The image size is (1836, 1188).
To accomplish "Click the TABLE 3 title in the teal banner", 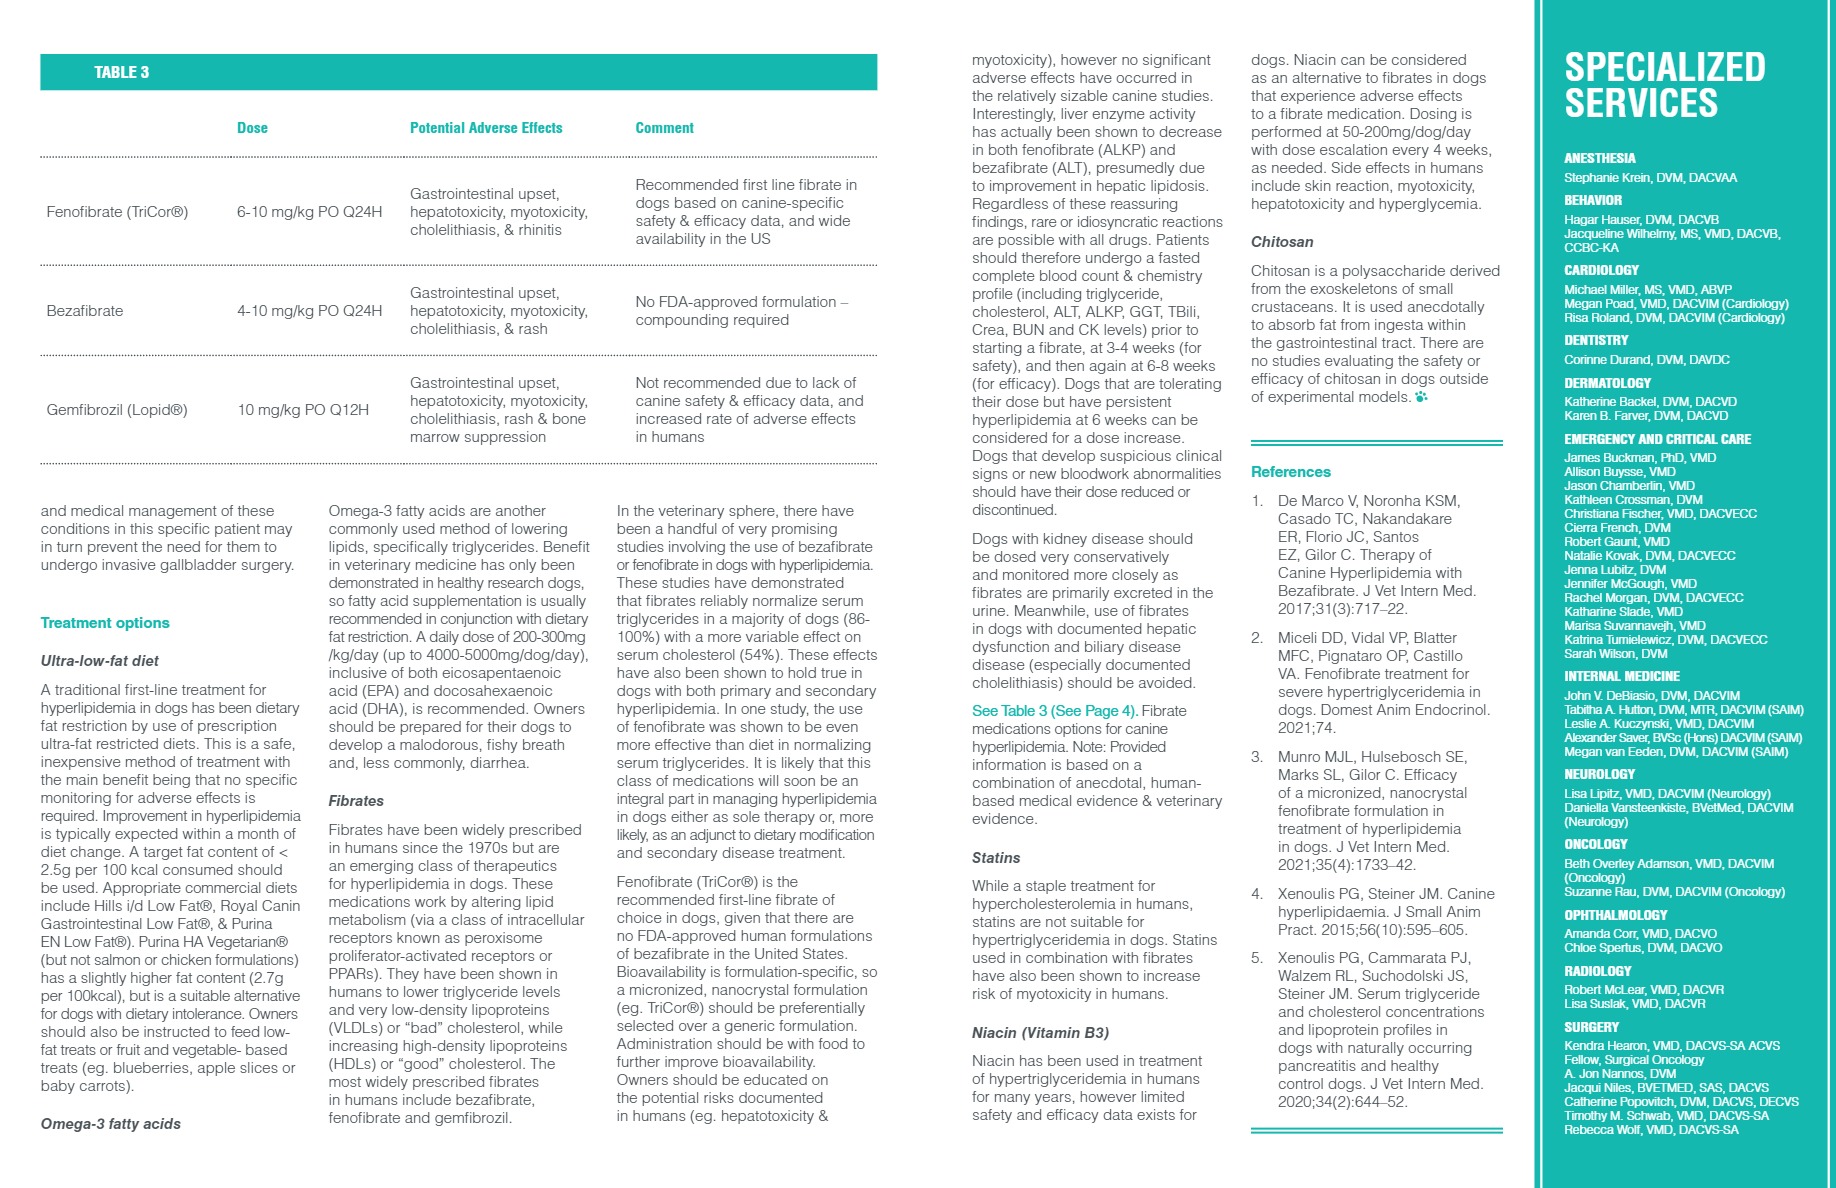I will tap(121, 72).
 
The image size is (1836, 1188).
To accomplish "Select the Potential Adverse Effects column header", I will tap(486, 128).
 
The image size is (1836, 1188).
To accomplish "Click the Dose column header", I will tap(252, 128).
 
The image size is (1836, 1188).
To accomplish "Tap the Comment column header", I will tap(664, 128).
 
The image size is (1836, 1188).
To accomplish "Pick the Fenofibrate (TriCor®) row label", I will tap(117, 212).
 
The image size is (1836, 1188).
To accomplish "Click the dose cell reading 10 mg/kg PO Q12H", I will tap(303, 410).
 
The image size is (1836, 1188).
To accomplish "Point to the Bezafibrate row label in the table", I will tap(85, 311).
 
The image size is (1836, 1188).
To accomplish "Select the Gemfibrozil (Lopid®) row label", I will tap(117, 410).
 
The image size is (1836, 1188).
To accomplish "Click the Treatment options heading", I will tap(105, 623).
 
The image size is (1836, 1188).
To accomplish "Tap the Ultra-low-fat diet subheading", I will tap(100, 661).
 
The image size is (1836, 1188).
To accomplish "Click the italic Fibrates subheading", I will tap(356, 801).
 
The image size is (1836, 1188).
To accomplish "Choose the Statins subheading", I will tap(996, 858).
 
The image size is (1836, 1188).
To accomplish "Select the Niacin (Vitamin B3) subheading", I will tap(1040, 1033).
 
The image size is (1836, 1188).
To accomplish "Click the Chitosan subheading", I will tap(1282, 242).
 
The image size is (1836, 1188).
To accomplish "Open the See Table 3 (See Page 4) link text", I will tap(1054, 711).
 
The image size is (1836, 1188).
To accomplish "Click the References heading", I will tap(1291, 472).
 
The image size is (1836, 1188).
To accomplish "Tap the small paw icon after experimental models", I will tap(1421, 397).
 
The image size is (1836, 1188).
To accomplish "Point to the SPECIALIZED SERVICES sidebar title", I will tap(1665, 85).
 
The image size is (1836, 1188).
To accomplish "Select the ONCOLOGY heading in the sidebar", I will tap(1596, 845).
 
